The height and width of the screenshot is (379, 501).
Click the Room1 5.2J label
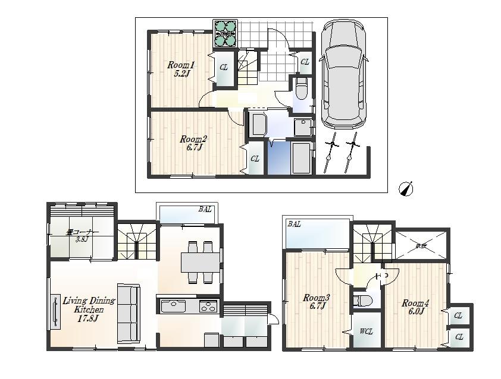click(x=180, y=69)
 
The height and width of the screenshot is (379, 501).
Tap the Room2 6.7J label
click(x=193, y=143)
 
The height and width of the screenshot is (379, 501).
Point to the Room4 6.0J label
click(x=415, y=307)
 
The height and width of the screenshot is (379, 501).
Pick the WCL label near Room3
click(x=366, y=331)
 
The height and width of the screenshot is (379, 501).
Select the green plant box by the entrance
click(x=226, y=34)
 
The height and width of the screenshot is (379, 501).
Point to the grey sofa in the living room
click(x=129, y=313)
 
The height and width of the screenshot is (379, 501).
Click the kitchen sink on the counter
click(x=173, y=307)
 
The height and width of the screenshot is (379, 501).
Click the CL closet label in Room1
click(x=224, y=68)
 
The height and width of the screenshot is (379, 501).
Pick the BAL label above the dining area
click(x=205, y=210)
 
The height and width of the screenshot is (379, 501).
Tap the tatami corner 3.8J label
click(x=82, y=235)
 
